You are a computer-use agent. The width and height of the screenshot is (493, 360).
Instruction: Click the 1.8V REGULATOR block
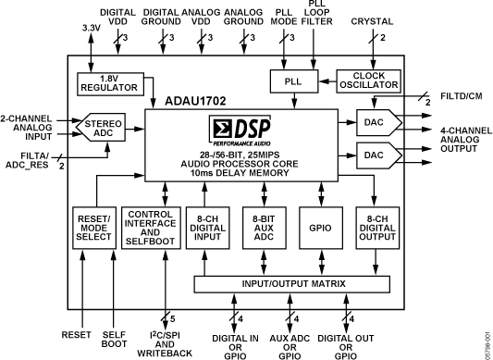pyautogui.click(x=111, y=83)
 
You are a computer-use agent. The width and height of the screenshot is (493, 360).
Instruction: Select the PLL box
pyautogui.click(x=294, y=81)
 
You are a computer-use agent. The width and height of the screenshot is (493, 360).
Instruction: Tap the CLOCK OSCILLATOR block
pyautogui.click(x=369, y=81)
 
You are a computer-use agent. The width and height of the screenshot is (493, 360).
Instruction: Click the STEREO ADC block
pyautogui.click(x=101, y=127)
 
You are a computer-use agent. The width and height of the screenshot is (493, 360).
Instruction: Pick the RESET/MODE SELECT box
pyautogui.click(x=94, y=228)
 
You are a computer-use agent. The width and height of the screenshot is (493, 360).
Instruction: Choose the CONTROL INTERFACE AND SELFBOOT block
pyautogui.click(x=151, y=228)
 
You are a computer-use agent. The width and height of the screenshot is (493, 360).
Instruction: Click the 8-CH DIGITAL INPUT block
pyautogui.click(x=207, y=228)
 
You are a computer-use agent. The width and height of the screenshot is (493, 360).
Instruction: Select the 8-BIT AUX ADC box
pyautogui.click(x=265, y=228)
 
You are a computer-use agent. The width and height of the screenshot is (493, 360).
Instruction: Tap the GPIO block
pyautogui.click(x=321, y=228)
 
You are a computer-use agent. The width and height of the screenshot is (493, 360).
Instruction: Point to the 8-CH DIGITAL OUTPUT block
pyautogui.click(x=377, y=228)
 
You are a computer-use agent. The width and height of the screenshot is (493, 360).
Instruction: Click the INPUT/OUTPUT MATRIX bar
pyautogui.click(x=292, y=284)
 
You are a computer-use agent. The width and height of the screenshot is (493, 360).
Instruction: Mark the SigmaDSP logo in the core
pyautogui.click(x=240, y=130)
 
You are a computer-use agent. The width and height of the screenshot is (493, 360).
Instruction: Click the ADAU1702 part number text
pyautogui.click(x=195, y=101)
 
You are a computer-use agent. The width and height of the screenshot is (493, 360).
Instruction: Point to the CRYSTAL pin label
pyautogui.click(x=372, y=21)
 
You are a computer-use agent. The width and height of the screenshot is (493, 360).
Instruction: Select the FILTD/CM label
pyautogui.click(x=462, y=96)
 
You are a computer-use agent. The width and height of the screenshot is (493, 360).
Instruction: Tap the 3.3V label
pyautogui.click(x=92, y=28)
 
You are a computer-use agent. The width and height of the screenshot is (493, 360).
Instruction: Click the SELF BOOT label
pyautogui.click(x=114, y=340)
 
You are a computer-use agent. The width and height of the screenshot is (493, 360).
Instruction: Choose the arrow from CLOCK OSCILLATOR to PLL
pyautogui.click(x=327, y=81)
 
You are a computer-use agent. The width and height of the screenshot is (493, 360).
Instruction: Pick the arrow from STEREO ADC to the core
pyautogui.click(x=135, y=129)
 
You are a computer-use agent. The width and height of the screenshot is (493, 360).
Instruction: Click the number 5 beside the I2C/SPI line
pyautogui.click(x=172, y=318)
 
